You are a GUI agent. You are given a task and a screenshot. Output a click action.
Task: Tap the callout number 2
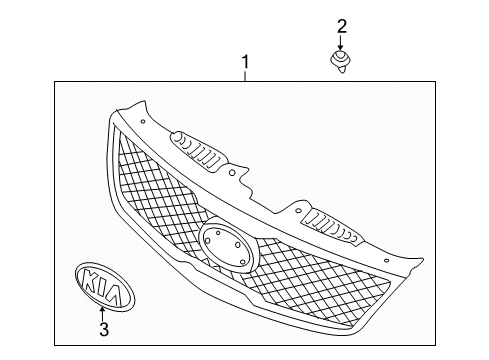[341, 25]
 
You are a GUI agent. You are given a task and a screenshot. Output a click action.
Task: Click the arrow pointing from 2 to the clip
[341, 43]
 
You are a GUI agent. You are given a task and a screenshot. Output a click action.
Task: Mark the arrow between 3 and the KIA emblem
[103, 306]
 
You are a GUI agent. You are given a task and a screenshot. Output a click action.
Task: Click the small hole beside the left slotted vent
[232, 174]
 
